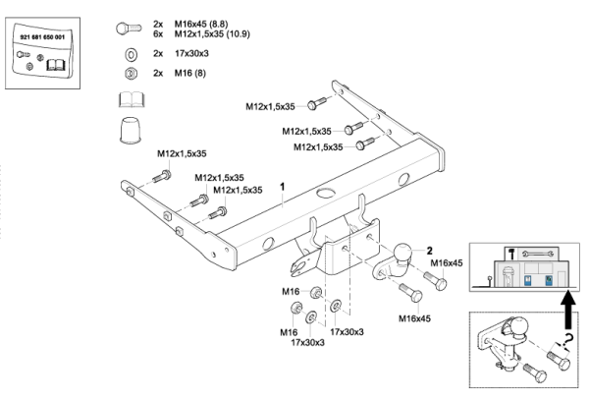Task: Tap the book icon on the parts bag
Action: (57, 65)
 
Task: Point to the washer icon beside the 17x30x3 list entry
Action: (132, 53)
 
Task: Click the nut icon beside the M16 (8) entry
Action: (132, 73)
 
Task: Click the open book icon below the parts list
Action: (132, 98)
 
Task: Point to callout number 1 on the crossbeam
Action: (283, 186)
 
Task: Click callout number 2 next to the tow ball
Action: (429, 251)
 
